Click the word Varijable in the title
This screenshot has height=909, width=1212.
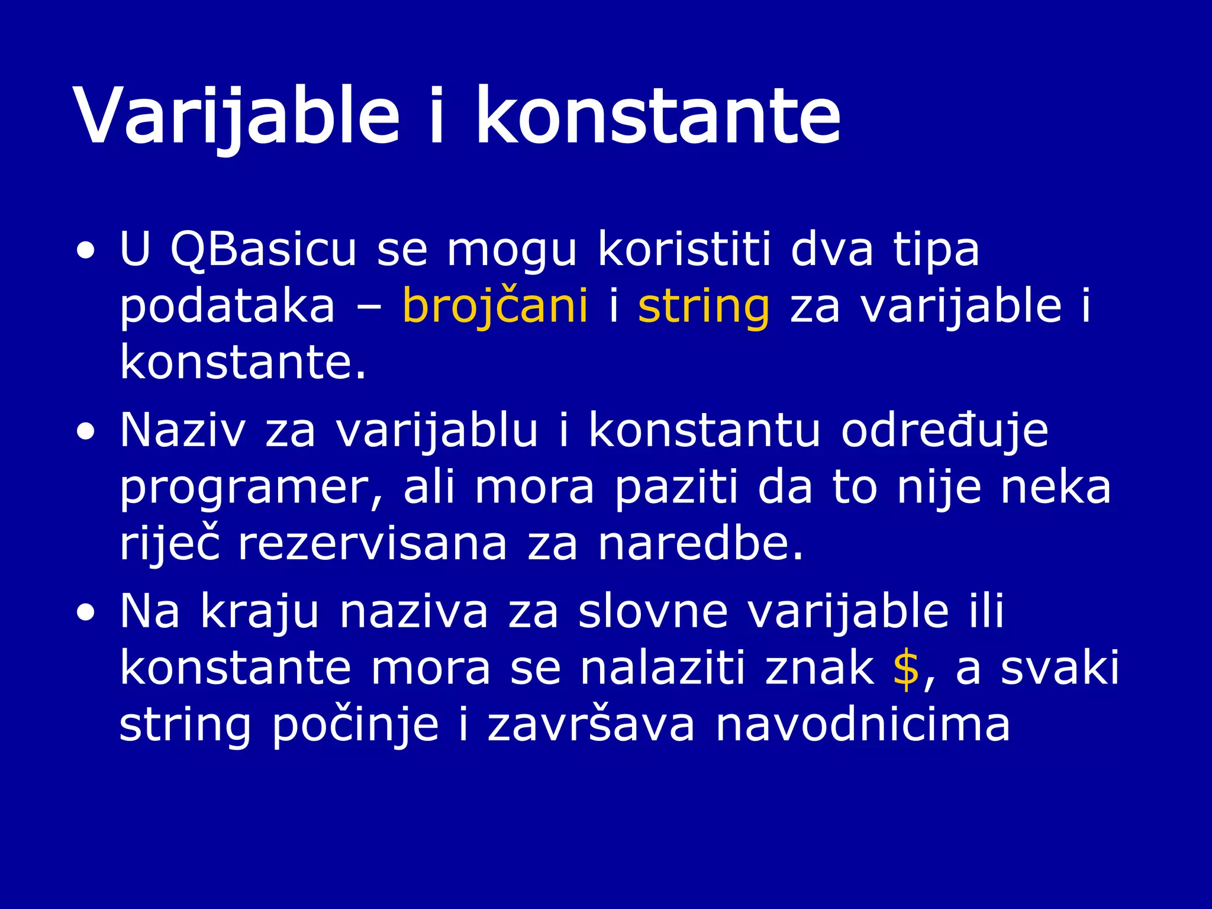pos(237,115)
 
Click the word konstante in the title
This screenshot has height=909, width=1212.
pos(658,115)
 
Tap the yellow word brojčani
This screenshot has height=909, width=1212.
pos(495,307)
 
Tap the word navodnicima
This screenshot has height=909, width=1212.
pos(863,725)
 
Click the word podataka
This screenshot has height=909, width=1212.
pos(227,307)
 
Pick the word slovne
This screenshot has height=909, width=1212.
pos(653,612)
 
